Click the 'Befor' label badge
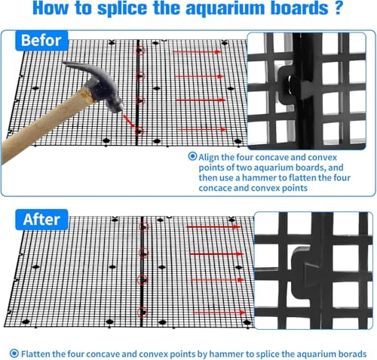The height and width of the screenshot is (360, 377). pos(41,41)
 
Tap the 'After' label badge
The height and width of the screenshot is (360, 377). pos(41,220)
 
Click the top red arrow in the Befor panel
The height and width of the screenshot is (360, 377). pos(197,52)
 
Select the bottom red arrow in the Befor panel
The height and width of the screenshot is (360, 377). pos(202,130)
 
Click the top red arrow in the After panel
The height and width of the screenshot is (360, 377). pos(213,227)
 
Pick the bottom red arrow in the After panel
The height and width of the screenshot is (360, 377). pos(219,312)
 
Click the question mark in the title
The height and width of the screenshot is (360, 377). pos(339,8)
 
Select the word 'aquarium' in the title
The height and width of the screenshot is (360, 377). pos(225,8)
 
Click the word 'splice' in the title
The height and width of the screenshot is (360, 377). pos(122,8)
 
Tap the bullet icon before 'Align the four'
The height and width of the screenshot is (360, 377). pos(192,156)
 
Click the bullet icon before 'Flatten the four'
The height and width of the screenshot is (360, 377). pos(14,353)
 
